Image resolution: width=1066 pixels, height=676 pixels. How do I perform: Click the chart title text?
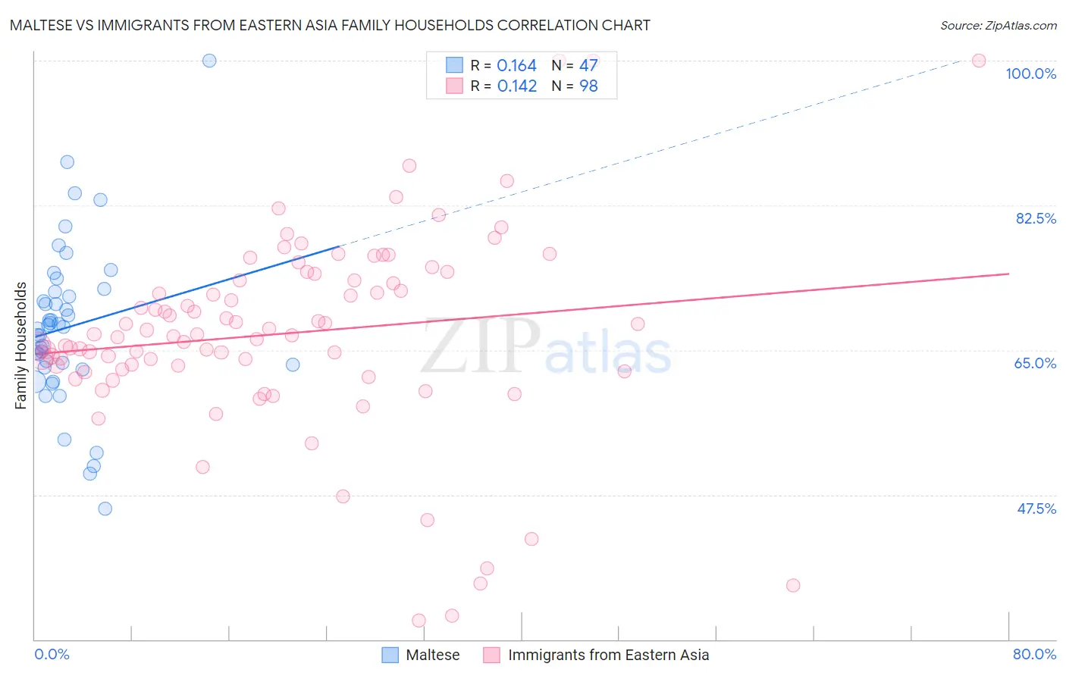click(330, 25)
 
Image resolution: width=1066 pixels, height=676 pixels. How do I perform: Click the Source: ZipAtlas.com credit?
click(998, 26)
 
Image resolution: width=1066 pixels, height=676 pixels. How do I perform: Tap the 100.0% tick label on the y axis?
click(1030, 74)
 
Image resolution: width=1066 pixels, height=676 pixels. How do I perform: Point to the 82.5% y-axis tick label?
click(1036, 218)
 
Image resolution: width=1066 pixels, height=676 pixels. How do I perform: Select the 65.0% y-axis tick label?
click(1035, 363)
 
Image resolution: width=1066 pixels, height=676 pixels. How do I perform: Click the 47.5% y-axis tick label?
click(1036, 509)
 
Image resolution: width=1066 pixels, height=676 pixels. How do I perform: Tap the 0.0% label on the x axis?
click(52, 654)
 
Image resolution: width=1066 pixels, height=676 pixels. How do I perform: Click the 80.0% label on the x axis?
click(1034, 654)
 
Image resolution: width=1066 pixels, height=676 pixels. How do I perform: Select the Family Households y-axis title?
click(21, 346)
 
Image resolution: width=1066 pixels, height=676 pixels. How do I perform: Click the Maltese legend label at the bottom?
click(432, 655)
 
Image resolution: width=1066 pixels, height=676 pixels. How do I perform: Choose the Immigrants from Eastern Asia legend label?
click(608, 655)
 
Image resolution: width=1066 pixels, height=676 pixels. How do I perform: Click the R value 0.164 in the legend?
click(516, 66)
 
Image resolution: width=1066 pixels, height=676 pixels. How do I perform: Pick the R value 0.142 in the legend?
click(516, 86)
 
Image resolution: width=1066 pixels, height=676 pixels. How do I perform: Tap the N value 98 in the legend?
click(588, 86)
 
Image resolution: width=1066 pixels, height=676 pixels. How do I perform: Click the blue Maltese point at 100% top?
click(209, 61)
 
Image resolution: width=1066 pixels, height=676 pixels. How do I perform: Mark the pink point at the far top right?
click(978, 61)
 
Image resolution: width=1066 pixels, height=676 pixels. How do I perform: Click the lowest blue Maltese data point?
click(105, 509)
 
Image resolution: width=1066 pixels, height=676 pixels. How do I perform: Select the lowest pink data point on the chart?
click(419, 621)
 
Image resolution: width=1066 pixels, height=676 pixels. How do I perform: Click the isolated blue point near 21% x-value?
click(293, 365)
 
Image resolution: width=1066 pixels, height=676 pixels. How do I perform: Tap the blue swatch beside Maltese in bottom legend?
click(390, 655)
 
